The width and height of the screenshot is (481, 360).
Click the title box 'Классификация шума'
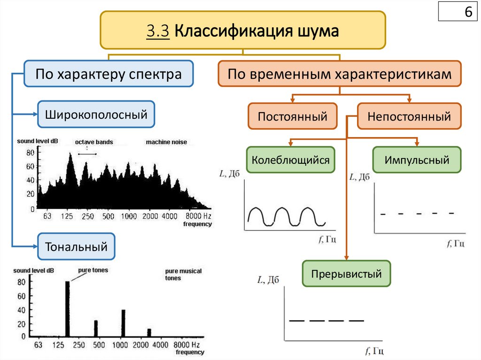click(x=242, y=31)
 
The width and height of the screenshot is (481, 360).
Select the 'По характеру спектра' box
click(x=109, y=74)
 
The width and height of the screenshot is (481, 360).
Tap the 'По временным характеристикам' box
click(x=339, y=74)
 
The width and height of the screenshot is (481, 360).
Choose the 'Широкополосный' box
click(x=96, y=114)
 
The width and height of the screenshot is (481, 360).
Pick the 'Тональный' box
click(x=76, y=246)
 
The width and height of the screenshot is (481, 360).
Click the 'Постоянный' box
click(x=293, y=116)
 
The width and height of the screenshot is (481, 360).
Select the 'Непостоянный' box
click(x=409, y=116)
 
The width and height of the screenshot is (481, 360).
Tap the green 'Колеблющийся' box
click(x=291, y=160)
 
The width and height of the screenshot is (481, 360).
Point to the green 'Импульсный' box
click(x=417, y=160)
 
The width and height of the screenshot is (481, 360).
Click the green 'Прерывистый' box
click(x=346, y=274)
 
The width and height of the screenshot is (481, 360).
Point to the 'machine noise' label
click(x=166, y=142)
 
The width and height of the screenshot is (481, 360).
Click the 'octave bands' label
click(x=94, y=142)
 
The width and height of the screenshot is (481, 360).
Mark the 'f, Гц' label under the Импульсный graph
click(x=455, y=243)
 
